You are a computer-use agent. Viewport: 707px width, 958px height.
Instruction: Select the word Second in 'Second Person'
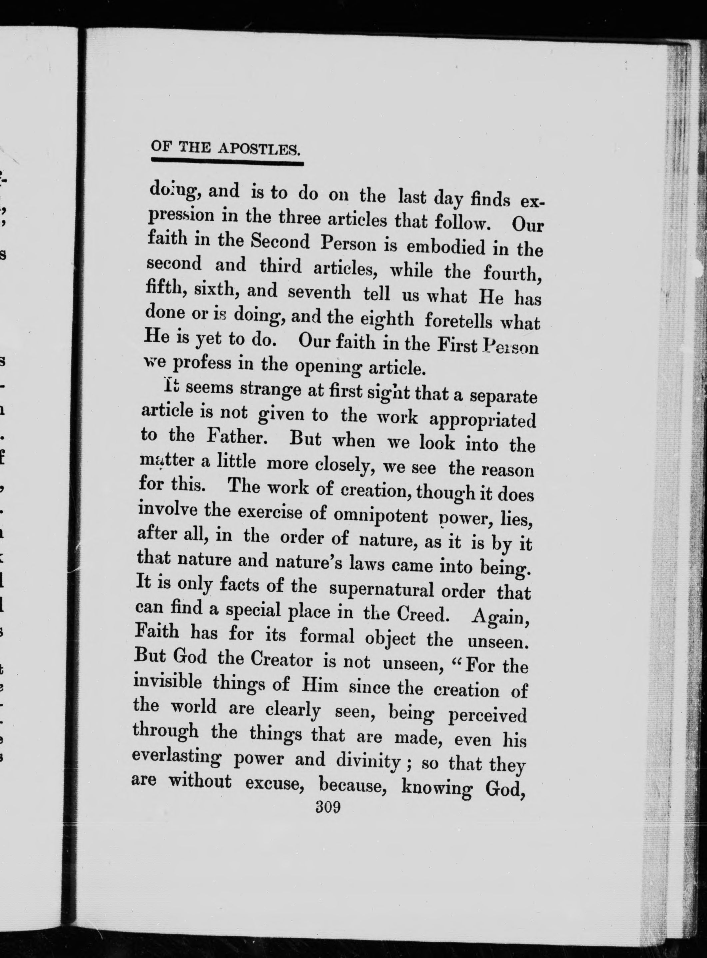click(280, 242)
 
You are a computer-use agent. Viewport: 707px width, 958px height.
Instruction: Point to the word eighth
click(387, 319)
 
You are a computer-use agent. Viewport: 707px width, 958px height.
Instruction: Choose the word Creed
click(422, 614)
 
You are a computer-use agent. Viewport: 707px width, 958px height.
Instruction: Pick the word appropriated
click(482, 420)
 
